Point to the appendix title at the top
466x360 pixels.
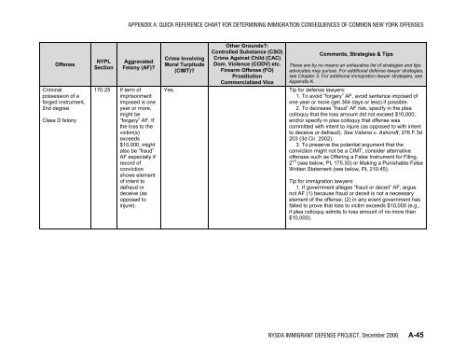click(267, 12)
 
